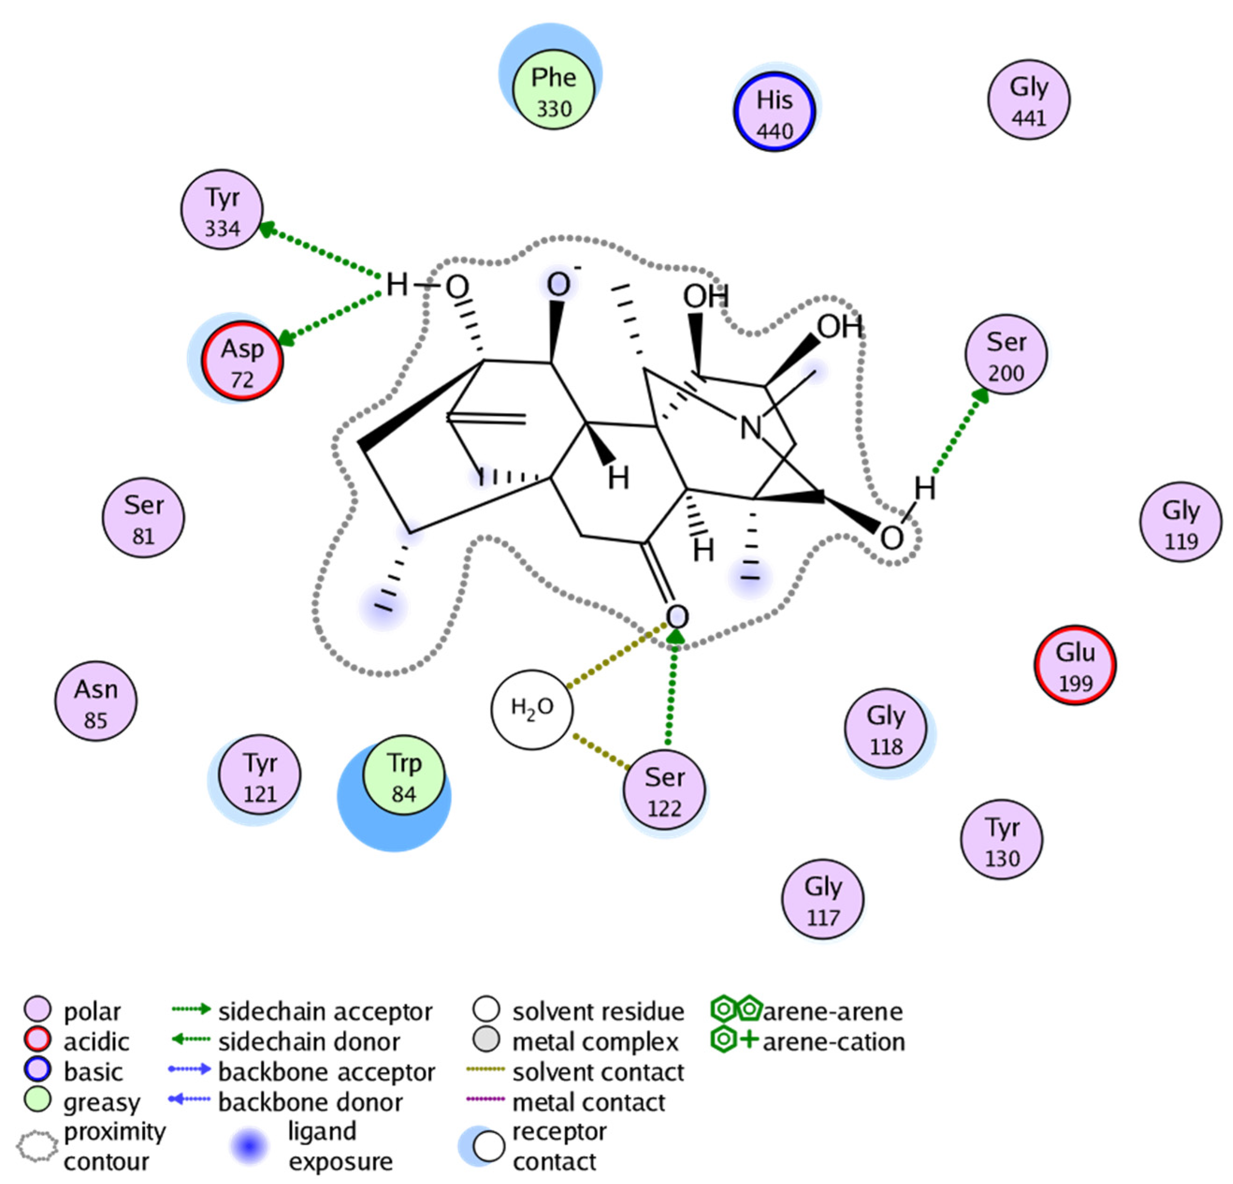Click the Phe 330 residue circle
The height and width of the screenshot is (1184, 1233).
(x=554, y=89)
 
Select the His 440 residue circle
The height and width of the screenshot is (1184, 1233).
(x=774, y=112)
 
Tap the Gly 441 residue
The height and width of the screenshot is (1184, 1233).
(x=1029, y=100)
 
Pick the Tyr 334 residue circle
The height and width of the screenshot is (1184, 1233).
(x=222, y=209)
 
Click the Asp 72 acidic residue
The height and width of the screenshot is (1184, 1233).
(x=242, y=361)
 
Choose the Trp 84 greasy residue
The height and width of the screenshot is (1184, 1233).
(x=404, y=775)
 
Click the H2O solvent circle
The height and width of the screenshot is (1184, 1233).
(x=532, y=709)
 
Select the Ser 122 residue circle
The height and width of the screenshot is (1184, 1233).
(x=664, y=789)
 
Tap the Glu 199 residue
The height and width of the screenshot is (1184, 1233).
(x=1075, y=665)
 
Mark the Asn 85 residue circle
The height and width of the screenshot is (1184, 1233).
(x=96, y=701)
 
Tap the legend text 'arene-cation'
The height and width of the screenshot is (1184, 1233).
(x=834, y=1042)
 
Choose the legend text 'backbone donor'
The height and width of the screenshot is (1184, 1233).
(x=310, y=1102)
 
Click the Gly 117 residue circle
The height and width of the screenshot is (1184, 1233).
(x=823, y=900)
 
